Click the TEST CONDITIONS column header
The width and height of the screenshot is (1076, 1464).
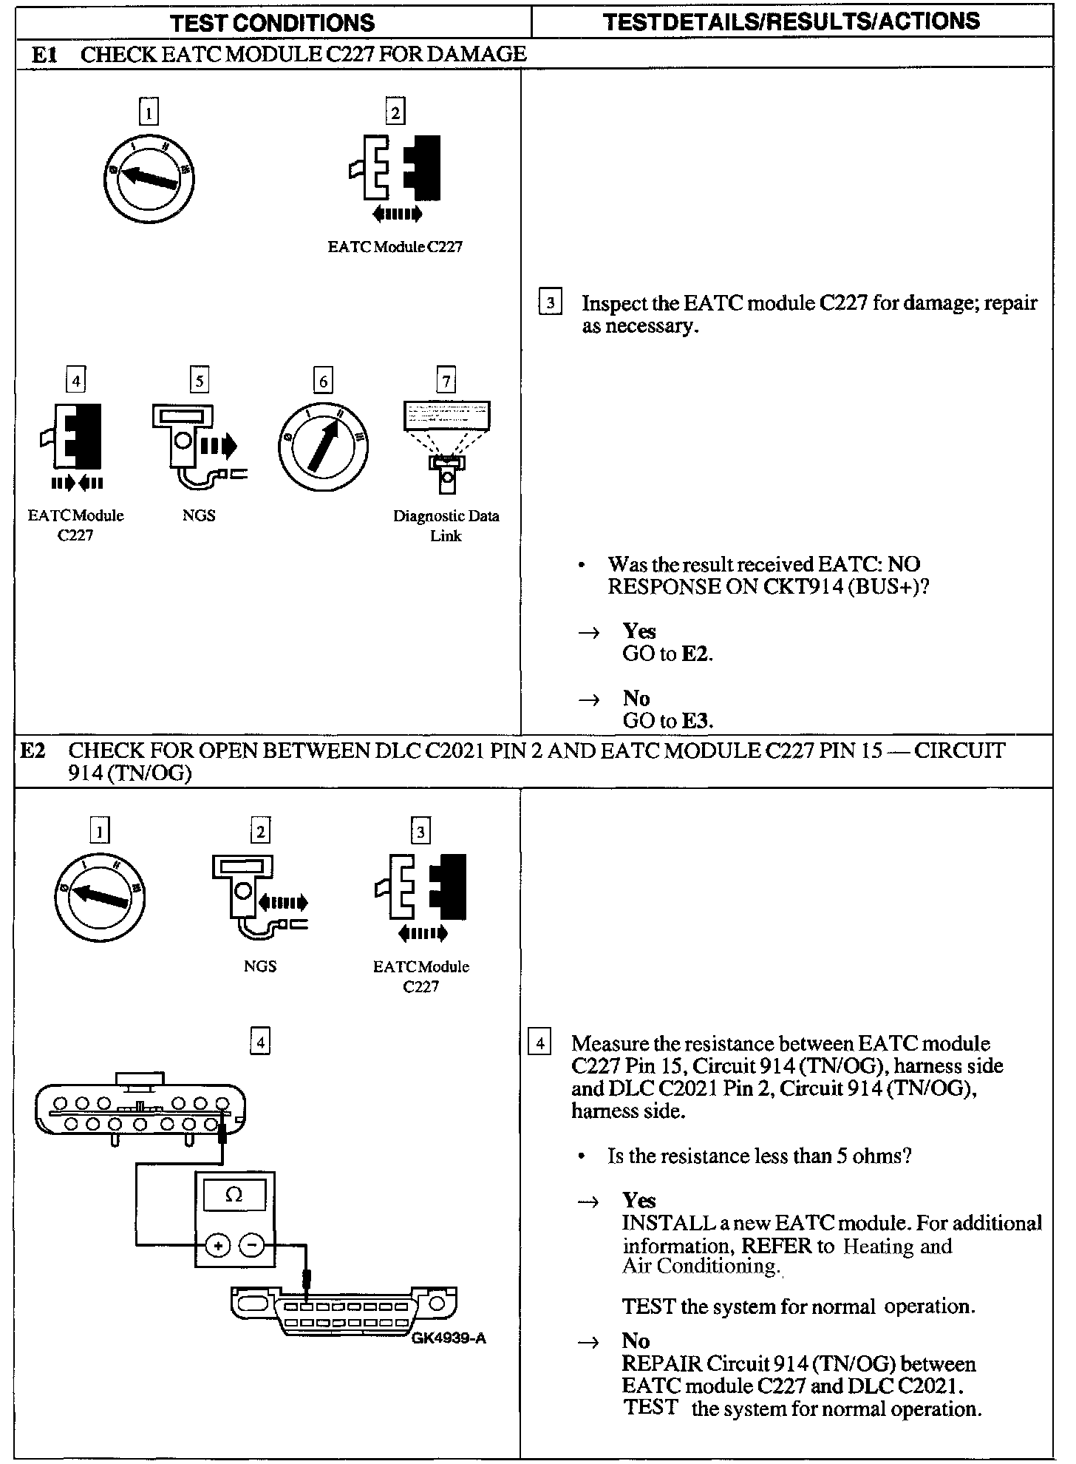[273, 22]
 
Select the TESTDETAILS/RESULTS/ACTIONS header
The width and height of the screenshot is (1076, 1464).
[791, 21]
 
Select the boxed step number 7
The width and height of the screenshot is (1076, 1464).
[446, 381]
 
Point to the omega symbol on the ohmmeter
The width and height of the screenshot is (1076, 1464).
[234, 1196]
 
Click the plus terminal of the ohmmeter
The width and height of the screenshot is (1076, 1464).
[217, 1246]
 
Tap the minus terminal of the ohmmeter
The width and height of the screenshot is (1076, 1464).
[252, 1246]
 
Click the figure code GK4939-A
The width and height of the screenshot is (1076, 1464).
[449, 1339]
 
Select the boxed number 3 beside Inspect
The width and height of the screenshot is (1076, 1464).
[550, 303]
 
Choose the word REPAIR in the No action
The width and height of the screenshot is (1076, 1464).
[661, 1364]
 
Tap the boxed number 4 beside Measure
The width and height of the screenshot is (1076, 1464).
[540, 1043]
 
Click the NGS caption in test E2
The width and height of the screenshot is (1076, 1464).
[259, 966]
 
